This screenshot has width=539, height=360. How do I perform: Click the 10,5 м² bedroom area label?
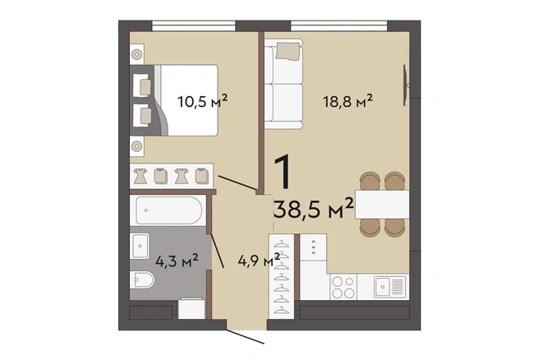coord(202,101)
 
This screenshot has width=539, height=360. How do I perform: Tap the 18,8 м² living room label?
coord(348,101)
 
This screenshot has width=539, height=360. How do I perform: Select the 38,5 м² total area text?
coord(314,209)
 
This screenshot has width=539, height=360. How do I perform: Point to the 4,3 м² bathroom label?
coord(177,261)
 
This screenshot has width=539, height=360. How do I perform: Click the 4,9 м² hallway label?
coord(259,261)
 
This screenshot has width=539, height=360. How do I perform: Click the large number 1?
coord(282,172)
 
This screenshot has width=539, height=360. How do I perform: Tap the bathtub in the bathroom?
coord(168,210)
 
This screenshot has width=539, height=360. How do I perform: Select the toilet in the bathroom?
coord(142,280)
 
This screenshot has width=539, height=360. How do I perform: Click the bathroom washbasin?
coord(139,246)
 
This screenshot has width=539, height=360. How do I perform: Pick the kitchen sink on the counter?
coord(389,286)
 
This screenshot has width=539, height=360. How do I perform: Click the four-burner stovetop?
coord(343,287)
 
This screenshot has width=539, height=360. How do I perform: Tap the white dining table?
coord(382,204)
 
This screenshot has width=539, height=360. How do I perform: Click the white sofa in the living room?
coord(283,84)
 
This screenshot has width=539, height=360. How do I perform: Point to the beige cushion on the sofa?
coord(288,51)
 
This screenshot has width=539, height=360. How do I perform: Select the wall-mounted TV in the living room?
coord(406,85)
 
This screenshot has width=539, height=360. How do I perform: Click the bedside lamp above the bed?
coord(137,54)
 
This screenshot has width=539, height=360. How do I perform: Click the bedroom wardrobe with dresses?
coord(172,176)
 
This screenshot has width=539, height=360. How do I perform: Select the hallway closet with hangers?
coord(282,276)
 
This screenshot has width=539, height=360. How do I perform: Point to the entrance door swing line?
coord(246,337)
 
